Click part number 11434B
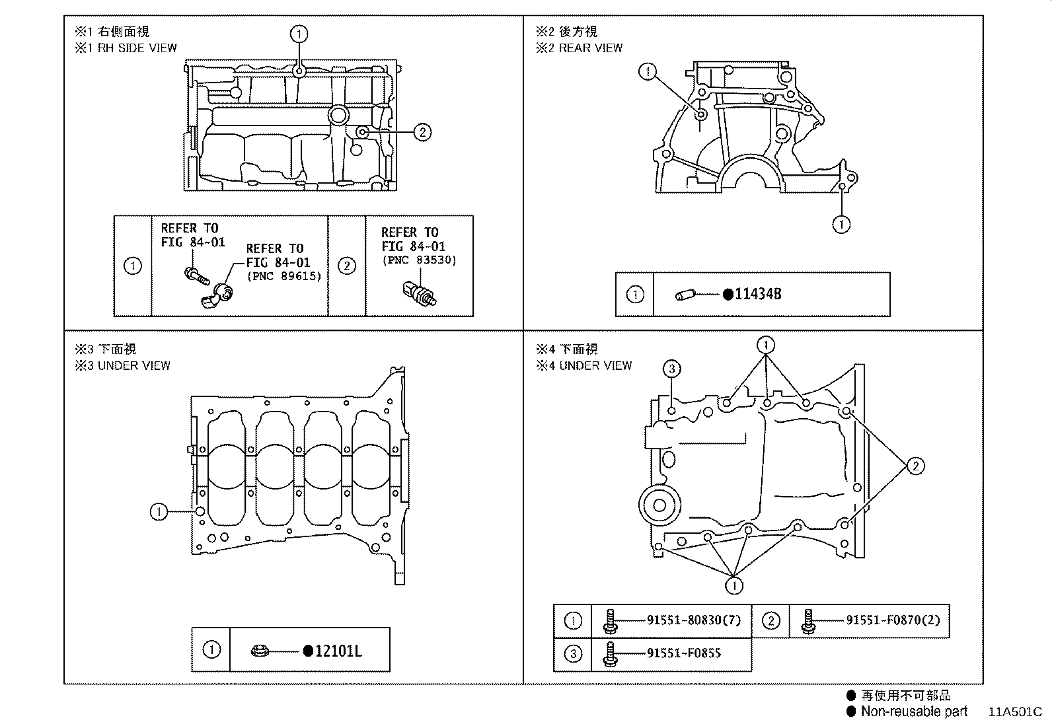[x=757, y=295]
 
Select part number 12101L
[x=338, y=651]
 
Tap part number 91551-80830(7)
[x=694, y=620]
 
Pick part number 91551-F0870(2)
[x=893, y=620]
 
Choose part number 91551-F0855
[x=683, y=653]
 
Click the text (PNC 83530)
[x=419, y=260]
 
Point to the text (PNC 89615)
[x=284, y=276]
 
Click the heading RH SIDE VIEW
[x=137, y=48]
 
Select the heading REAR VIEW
[x=591, y=48]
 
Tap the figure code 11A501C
[x=1015, y=712]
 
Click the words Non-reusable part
[x=913, y=711]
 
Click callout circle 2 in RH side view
[x=422, y=132]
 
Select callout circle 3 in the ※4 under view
[x=671, y=369]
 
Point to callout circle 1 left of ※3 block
[x=159, y=511]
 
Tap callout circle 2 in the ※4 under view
[x=915, y=466]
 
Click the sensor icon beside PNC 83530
[x=419, y=293]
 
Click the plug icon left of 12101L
[x=260, y=651]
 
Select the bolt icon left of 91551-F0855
[x=610, y=653]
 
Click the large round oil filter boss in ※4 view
[x=659, y=507]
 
